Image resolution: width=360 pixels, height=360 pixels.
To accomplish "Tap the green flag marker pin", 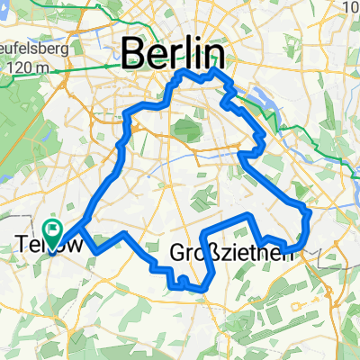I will pyautogui.click(x=52, y=234).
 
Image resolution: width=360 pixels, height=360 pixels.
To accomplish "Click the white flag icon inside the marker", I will pyautogui.click(x=52, y=231).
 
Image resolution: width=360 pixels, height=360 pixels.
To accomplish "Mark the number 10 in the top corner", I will pyautogui.click(x=351, y=8).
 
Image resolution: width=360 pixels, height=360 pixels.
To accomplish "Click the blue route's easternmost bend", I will pyautogui.click(x=309, y=216).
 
